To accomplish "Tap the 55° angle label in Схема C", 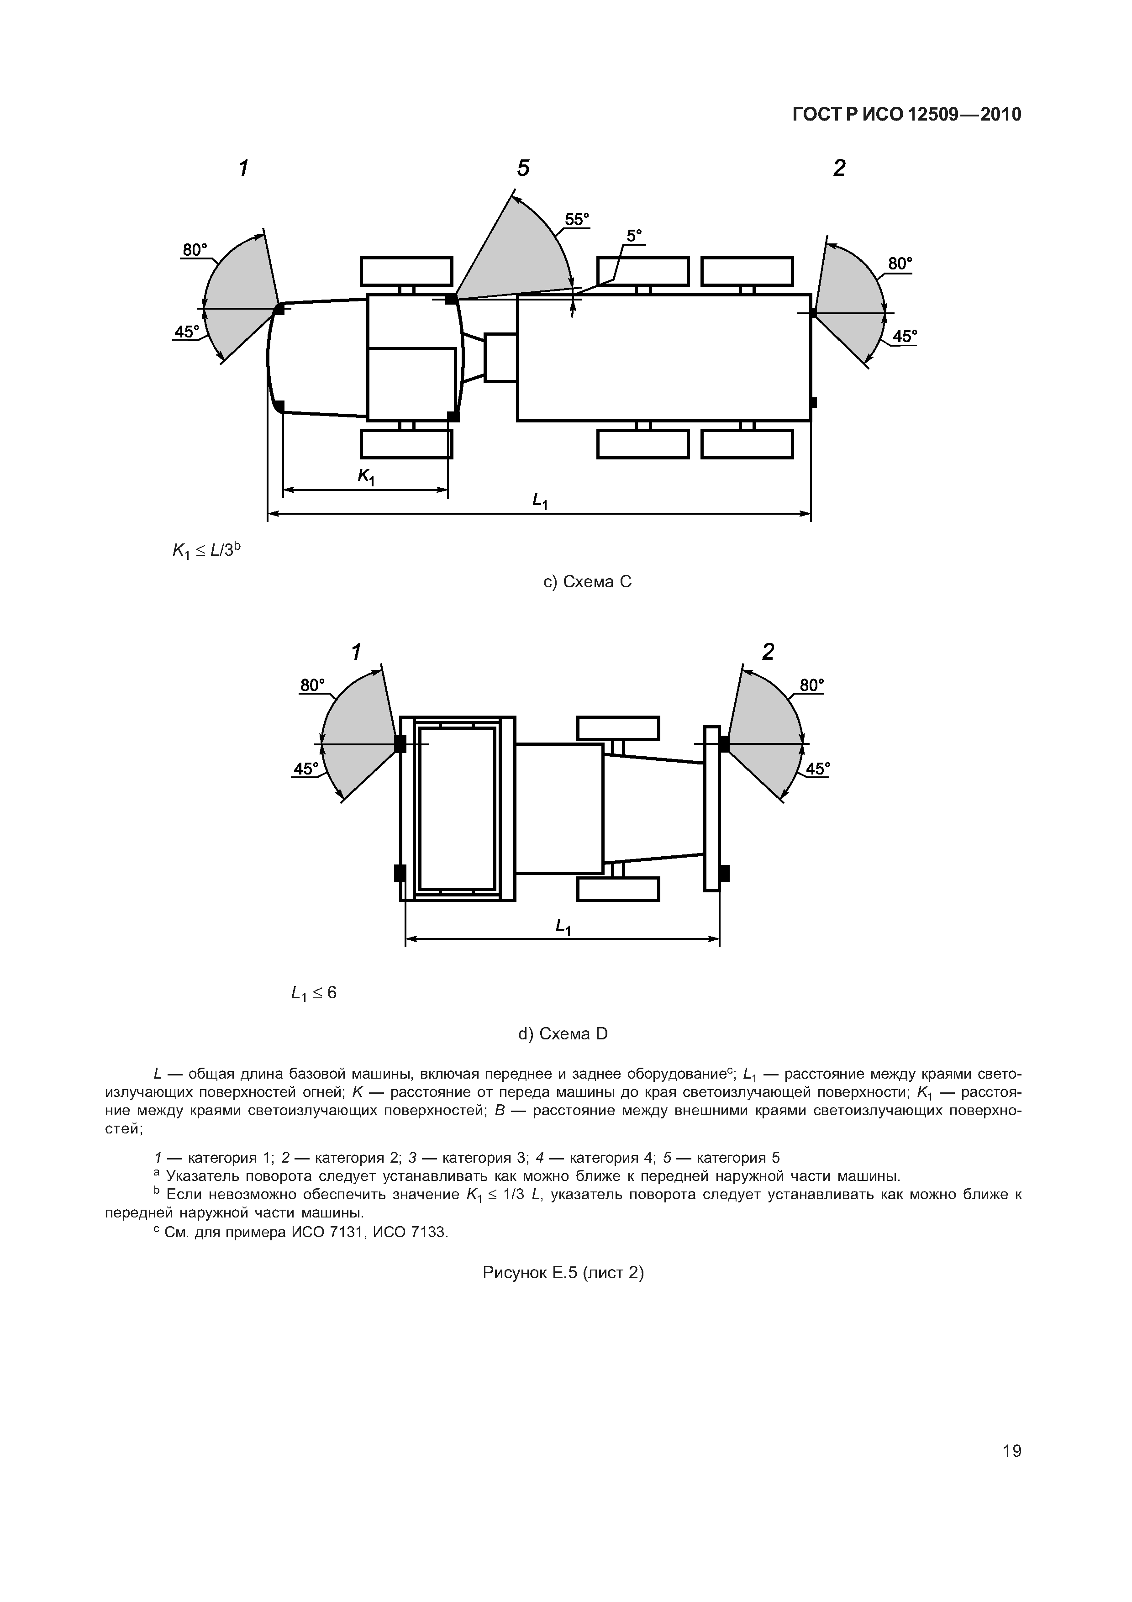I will coord(576,220).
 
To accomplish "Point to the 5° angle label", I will coord(633,236).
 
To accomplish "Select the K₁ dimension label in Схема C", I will coord(366,477).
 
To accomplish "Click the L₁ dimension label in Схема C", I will coord(540,500).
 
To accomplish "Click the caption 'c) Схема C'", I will coord(587,582).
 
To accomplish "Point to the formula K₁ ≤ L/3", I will coord(206,550).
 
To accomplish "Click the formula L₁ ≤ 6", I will coord(314,993).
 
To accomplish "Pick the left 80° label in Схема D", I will coord(312,685).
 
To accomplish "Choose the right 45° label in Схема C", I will coord(905,336).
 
